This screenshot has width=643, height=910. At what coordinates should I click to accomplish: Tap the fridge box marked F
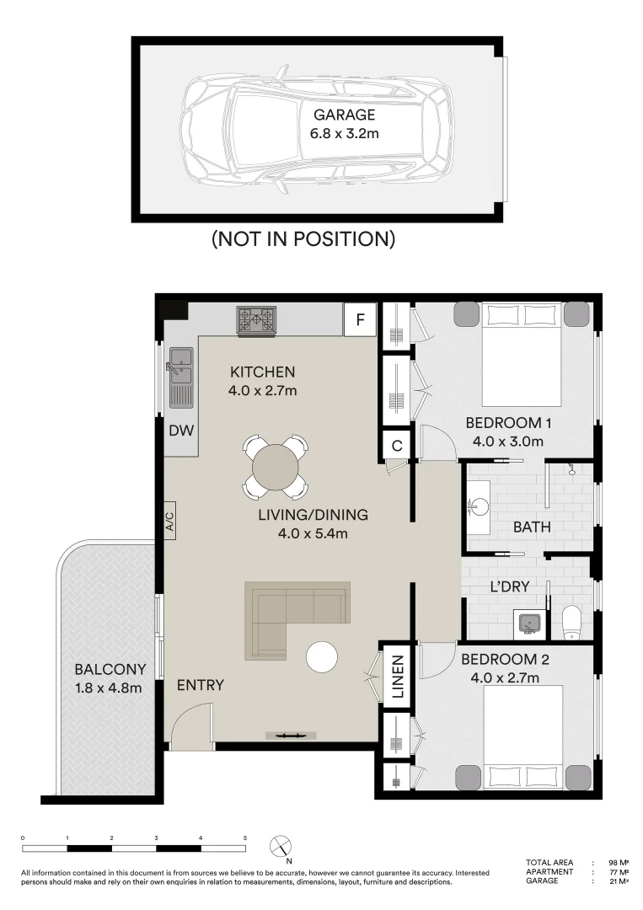point(360,319)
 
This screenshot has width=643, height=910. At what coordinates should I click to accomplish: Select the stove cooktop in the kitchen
point(256,320)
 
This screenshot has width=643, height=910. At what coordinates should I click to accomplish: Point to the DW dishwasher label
point(180,431)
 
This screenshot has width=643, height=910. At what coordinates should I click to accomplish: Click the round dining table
point(276,466)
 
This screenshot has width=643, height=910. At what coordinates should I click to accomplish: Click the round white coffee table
point(322,657)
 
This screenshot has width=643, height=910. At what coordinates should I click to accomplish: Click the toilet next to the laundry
point(571,621)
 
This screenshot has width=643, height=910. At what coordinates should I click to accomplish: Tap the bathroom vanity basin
point(479,507)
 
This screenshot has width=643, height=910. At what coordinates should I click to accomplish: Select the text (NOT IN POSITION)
point(303,238)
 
